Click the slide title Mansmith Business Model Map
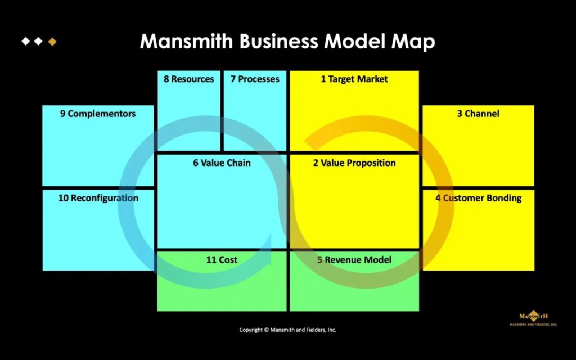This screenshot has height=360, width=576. [x=287, y=42]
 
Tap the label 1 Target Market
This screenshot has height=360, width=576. [x=354, y=79]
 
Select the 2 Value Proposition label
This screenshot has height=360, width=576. [x=354, y=163]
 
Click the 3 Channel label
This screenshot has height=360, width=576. [x=478, y=114]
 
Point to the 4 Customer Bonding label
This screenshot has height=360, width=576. [x=478, y=198]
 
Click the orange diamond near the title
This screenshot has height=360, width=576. [x=52, y=42]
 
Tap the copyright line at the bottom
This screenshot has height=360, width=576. [x=287, y=330]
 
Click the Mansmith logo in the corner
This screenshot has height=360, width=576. [x=533, y=319]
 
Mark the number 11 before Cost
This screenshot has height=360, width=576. [x=211, y=260]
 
